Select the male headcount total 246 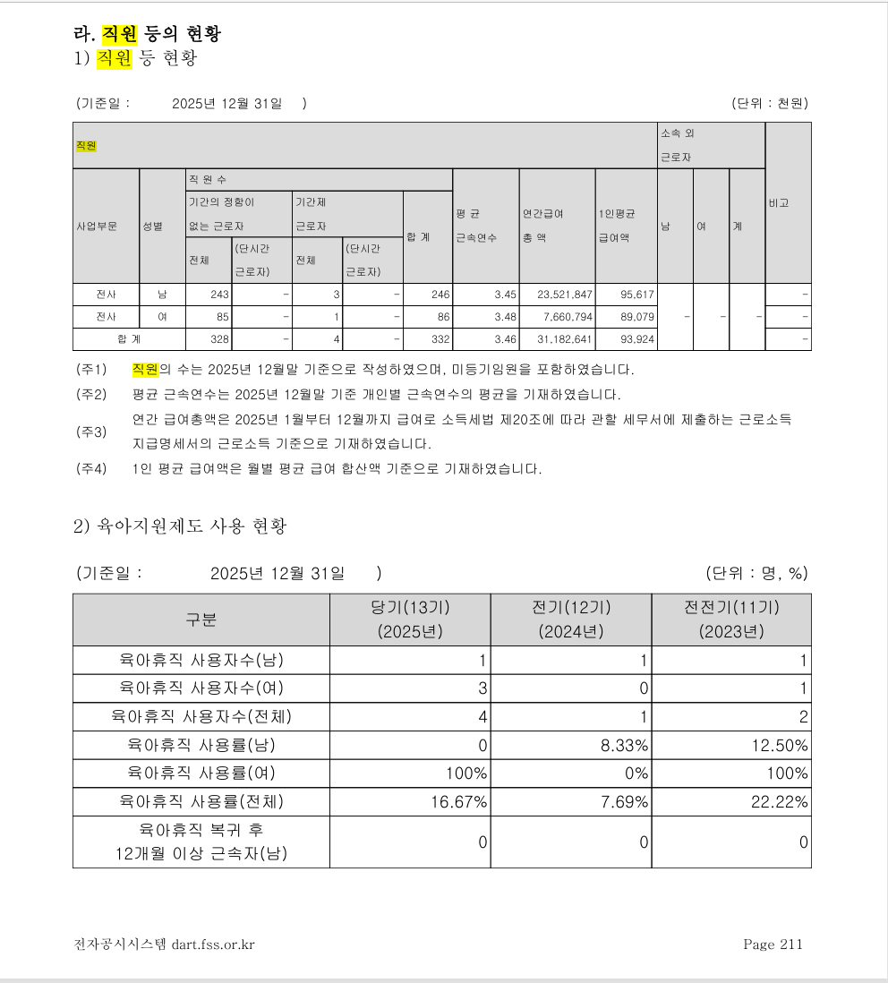point(439,295)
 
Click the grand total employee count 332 point(439,340)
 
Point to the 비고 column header point(778,203)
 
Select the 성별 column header point(152,227)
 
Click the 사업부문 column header point(96,227)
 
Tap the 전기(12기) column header point(571,619)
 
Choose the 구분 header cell point(201,619)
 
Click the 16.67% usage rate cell point(458,801)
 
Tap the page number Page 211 point(773,944)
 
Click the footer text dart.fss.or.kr point(207,944)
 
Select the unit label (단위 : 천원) point(769,104)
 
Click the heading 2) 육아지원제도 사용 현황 point(180,526)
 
